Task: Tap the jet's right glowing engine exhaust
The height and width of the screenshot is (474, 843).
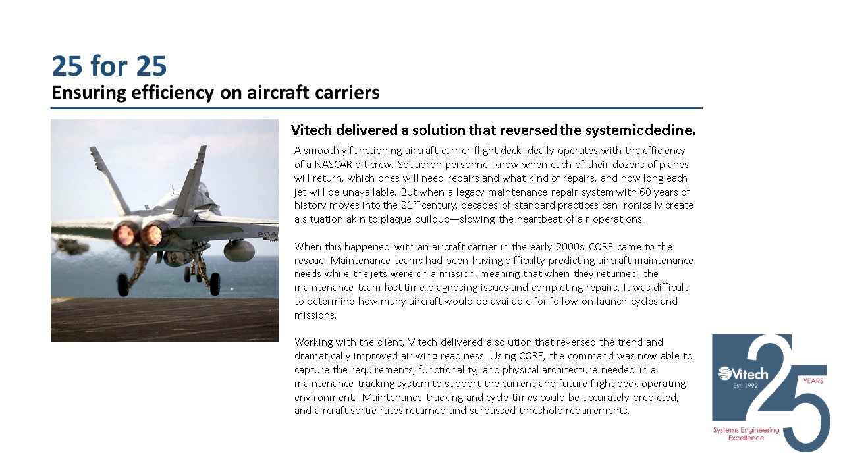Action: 152,234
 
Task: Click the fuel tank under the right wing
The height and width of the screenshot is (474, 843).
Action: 237,250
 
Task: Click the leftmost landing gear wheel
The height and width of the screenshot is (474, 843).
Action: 123,285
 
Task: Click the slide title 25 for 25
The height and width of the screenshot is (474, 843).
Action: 109,66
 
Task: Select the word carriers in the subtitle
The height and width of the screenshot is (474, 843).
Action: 348,93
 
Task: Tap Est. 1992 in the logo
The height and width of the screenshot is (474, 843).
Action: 742,385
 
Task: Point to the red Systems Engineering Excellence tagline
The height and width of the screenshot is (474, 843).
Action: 746,434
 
